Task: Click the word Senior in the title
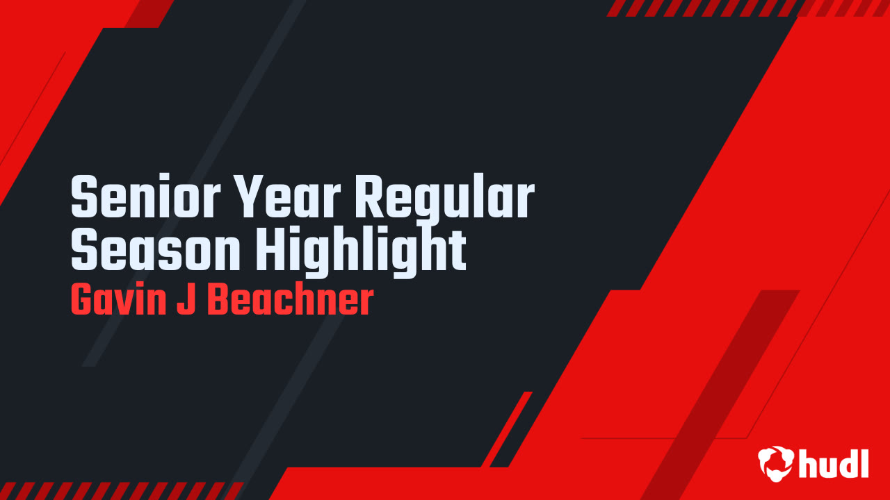click(145, 196)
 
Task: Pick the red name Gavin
click(118, 301)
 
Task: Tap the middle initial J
click(186, 300)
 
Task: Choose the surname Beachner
click(291, 299)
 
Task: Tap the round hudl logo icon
click(776, 464)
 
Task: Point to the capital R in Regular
click(370, 197)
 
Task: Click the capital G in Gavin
click(83, 301)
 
